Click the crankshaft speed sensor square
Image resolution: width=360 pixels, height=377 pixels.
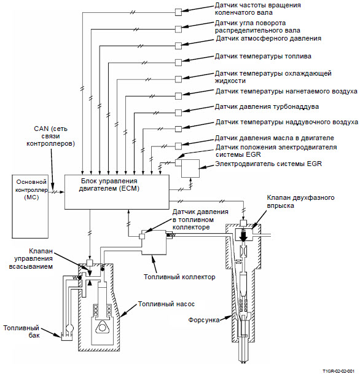[x=178, y=12]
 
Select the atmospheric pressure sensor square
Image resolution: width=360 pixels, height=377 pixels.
[x=178, y=46]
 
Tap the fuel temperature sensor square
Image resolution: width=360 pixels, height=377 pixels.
[x=178, y=62]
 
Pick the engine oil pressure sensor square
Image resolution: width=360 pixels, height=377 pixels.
[x=178, y=146]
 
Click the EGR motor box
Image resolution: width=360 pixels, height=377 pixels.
[x=190, y=169]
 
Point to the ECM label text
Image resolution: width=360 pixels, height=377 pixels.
[x=109, y=185]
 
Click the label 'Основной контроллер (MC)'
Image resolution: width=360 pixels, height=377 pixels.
[x=31, y=189]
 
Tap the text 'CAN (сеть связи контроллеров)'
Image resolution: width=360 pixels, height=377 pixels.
[x=50, y=136]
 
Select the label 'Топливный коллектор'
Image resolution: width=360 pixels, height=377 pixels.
[x=179, y=277]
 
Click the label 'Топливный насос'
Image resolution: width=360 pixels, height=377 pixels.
[x=166, y=304]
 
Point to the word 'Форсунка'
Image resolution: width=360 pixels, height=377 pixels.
[x=204, y=320]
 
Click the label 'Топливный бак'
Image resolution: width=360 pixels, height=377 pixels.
[x=22, y=331]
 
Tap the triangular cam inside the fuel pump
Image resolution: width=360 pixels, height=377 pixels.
[x=100, y=328]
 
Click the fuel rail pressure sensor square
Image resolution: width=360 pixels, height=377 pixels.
[x=142, y=236]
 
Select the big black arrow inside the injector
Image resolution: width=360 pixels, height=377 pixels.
[x=244, y=236]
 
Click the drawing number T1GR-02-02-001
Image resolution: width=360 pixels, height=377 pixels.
[x=338, y=371]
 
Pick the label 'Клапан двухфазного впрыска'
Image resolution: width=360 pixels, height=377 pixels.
[x=300, y=202]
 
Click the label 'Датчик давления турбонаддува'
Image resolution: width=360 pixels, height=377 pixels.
[x=267, y=107]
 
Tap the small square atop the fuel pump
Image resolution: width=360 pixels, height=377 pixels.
[x=90, y=263]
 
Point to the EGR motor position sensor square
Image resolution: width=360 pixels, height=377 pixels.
[x=178, y=163]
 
